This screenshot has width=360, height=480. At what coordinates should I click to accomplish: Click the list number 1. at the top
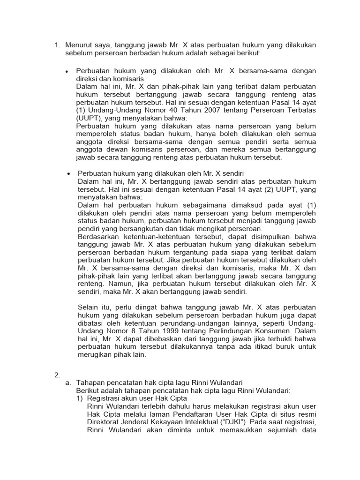click(x=58, y=45)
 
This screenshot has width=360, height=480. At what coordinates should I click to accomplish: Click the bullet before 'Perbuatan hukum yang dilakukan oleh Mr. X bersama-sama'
click(x=67, y=71)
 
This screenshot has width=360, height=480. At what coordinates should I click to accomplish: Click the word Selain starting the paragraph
click(x=89, y=307)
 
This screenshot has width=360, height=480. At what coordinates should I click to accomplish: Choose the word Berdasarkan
click(x=99, y=236)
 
